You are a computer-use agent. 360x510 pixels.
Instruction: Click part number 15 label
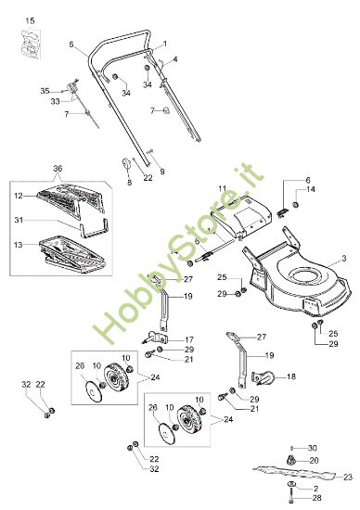30,20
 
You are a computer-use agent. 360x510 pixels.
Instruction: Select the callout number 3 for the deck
344,259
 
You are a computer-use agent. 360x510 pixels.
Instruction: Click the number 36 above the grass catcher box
58,169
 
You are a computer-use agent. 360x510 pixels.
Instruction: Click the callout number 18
291,376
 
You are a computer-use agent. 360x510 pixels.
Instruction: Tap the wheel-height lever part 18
264,377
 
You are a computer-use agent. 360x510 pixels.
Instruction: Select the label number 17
189,339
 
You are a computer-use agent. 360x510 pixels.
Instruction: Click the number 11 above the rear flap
222,188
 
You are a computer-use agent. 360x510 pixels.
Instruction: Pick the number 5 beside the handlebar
71,45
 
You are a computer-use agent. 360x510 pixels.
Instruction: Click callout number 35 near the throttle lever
45,91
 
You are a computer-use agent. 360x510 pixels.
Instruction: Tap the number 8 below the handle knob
130,182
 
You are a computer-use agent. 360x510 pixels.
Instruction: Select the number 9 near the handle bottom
162,172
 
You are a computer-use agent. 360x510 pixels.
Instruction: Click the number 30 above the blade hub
313,448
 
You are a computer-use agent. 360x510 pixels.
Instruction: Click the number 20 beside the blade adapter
315,460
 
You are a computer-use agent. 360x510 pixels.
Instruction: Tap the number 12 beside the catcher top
19,197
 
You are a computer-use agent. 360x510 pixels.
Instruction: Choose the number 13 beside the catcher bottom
19,244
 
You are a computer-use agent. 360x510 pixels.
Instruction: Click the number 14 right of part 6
311,189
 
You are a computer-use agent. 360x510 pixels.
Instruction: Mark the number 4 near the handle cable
175,59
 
